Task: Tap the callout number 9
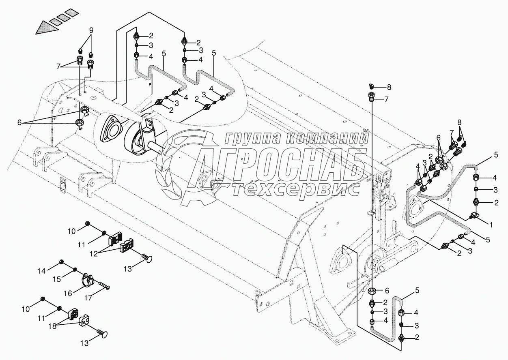click(x=91, y=30)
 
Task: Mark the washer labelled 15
click(x=75, y=269)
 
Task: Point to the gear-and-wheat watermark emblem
click(x=174, y=170)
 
